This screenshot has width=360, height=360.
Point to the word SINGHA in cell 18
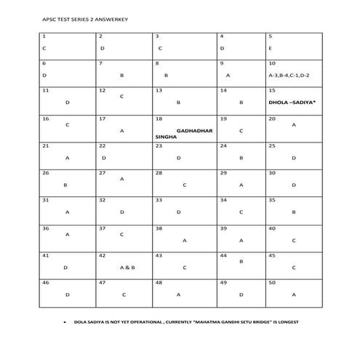pos(166,136)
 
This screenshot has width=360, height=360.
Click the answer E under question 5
pos(270,48)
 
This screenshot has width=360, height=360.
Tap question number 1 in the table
pos(44,36)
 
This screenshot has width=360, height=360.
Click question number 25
pos(271,145)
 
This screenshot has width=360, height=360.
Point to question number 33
pos(158,200)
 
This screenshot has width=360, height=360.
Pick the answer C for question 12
pos(121,96)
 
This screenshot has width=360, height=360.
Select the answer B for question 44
pos(241,261)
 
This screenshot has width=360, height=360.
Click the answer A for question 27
pos(121,178)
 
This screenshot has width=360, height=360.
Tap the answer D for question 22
pos(104,157)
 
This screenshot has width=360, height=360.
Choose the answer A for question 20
pos(294,124)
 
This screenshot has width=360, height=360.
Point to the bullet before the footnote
pos(65,321)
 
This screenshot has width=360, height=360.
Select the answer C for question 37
pos(121,234)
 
